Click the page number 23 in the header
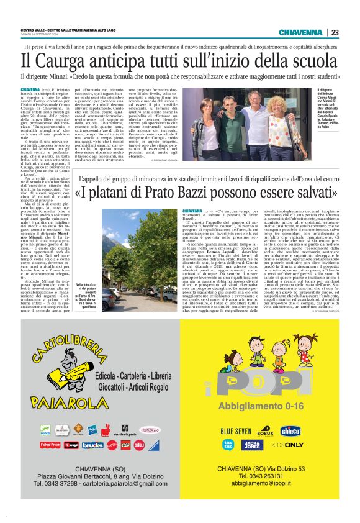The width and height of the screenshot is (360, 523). [x=335, y=32]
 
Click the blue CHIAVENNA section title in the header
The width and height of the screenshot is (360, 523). [x=300, y=32]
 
